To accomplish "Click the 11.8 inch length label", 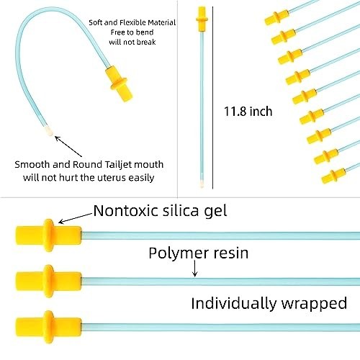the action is point(248,112).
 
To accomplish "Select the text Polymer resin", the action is point(199,253).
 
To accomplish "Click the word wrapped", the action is point(314,304).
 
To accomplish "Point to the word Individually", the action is point(234,303).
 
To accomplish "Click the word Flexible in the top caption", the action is point(132,22).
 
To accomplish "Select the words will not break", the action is point(132,42).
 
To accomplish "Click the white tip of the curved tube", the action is point(49,130).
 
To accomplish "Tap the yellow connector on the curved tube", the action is point(119,84).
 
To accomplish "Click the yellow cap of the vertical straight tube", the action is point(202,19).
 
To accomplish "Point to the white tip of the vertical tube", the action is point(202,184).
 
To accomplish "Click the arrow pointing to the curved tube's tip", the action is point(68,146).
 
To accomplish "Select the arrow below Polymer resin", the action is point(195,269).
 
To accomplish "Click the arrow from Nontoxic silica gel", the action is point(76,218).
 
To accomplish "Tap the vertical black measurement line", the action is point(212,98).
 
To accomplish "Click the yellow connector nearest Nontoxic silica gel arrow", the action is point(49,235).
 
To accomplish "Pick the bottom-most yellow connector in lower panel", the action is point(49,327).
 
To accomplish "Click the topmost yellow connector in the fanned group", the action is point(276,17).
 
